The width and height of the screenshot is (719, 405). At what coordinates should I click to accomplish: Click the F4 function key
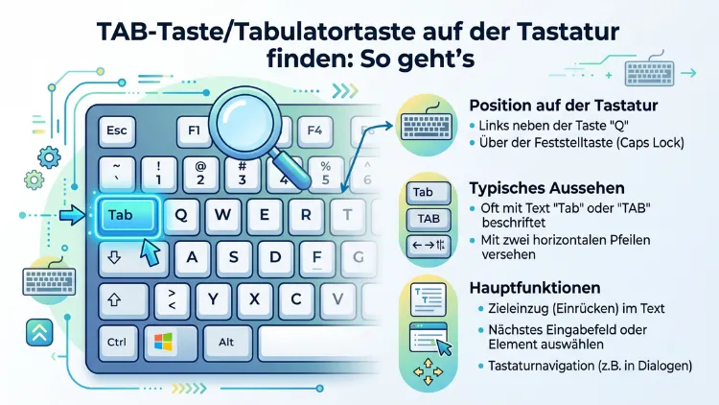point(312,131)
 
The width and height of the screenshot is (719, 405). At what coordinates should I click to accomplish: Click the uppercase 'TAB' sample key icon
point(428,219)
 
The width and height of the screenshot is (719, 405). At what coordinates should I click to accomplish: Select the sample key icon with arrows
point(428,246)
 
